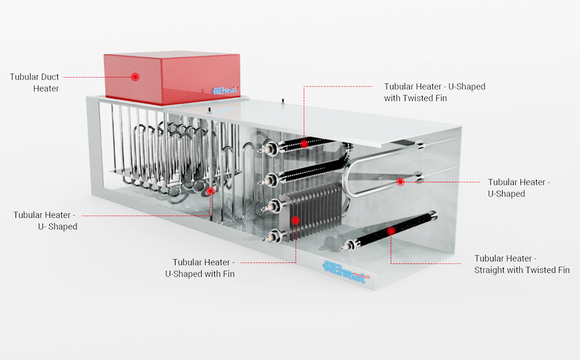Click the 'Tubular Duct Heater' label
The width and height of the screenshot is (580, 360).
click(34, 83)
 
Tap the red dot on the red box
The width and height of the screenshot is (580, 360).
click(135, 77)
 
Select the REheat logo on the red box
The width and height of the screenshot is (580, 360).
click(225, 91)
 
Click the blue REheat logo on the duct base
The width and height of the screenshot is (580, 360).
click(346, 272)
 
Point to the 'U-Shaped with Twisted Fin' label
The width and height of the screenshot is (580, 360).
click(435, 92)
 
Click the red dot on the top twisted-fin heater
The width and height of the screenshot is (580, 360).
click(304, 144)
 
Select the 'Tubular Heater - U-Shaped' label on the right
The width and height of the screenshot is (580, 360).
click(519, 188)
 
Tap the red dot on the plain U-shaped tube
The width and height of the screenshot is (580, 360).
click(400, 182)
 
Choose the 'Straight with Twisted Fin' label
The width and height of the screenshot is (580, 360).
click(522, 264)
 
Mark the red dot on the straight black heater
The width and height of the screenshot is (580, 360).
click(391, 231)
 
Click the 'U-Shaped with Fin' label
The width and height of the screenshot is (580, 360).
click(200, 268)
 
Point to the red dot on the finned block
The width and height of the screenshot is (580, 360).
click(295, 221)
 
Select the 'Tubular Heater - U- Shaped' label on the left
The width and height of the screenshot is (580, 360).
click(45, 221)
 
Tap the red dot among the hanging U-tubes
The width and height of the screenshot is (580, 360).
click(210, 191)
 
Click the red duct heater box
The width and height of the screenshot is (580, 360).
click(172, 77)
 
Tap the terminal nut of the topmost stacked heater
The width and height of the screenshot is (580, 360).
click(269, 149)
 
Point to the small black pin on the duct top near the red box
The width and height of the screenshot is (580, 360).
click(210, 110)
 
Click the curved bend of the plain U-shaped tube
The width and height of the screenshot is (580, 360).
click(347, 178)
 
